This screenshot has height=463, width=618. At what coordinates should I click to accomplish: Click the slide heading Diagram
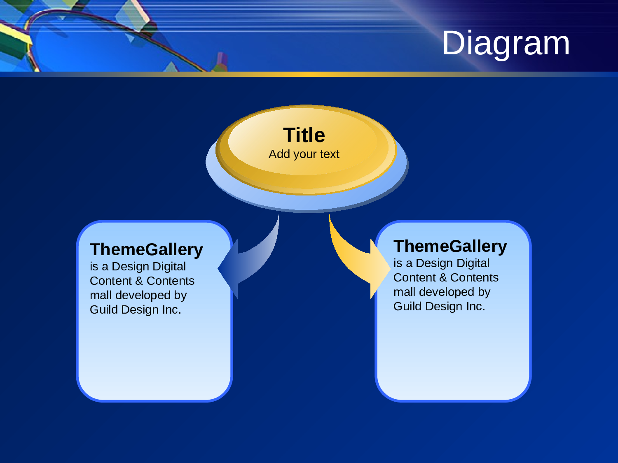(506, 43)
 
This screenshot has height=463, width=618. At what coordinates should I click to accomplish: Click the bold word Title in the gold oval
(304, 135)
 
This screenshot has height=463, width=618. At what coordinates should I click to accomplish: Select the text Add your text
(304, 154)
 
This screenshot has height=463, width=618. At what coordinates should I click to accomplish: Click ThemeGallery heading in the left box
(146, 249)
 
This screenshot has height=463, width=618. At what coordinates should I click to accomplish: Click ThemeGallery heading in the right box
(450, 246)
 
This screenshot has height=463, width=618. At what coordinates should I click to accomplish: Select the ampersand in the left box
(139, 281)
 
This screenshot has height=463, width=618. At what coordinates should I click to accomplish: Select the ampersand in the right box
(442, 278)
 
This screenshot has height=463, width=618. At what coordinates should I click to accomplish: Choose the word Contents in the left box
(171, 281)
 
